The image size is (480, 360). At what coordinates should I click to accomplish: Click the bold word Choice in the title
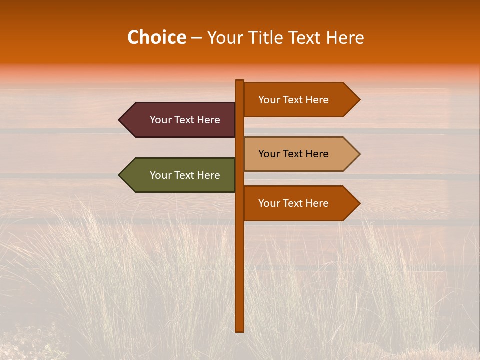pyautogui.click(x=156, y=37)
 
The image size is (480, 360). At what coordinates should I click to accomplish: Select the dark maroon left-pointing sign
pyautogui.click(x=180, y=120)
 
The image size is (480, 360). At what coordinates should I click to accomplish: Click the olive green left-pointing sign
pyautogui.click(x=180, y=175)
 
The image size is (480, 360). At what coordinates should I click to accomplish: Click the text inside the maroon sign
pyautogui.click(x=185, y=120)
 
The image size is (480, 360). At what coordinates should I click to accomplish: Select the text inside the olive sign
pyautogui.click(x=185, y=175)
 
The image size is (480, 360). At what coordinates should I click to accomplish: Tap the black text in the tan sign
pyautogui.click(x=293, y=154)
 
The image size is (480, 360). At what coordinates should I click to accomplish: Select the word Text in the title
pyautogui.click(x=306, y=37)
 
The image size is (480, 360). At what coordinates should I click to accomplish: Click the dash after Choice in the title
pyautogui.click(x=196, y=38)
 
